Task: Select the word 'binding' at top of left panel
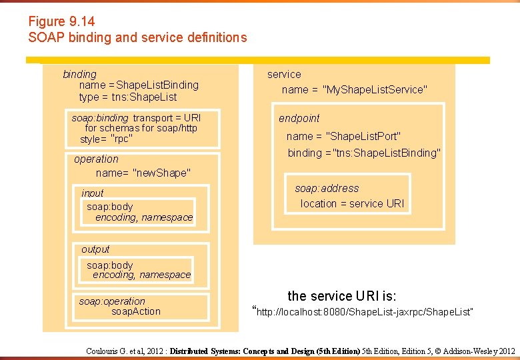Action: pos(79,74)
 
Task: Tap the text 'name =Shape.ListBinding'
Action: pos(139,85)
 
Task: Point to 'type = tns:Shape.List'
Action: pos(128,97)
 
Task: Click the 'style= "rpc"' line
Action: pos(106,139)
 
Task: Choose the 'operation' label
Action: pos(96,159)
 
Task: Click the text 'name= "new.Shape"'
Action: pos(143,173)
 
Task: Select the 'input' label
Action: pos(93,193)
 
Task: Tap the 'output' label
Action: pos(95,249)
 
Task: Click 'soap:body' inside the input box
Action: pos(110,207)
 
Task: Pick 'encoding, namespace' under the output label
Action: pos(141,275)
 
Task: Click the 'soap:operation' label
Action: pos(111,301)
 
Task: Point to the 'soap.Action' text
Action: pos(136,311)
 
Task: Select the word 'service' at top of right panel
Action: pos(284,75)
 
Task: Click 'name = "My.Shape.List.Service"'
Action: pos(354,89)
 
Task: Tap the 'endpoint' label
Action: pos(299,119)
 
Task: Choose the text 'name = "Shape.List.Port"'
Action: pos(343,137)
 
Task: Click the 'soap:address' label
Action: pos(327,189)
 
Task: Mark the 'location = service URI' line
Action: pos(352,204)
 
